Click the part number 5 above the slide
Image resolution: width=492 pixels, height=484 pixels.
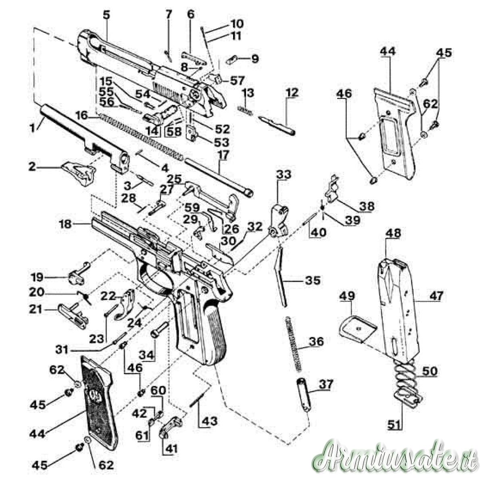[x=106, y=15]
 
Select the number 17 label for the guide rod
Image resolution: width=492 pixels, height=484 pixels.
[x=224, y=154]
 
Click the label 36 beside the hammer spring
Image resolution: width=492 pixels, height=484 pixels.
[x=316, y=342]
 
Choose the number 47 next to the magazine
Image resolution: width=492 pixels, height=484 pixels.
[x=436, y=296]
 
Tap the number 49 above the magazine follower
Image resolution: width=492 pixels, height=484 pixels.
[x=347, y=296]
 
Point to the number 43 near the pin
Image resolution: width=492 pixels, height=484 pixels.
[x=210, y=421]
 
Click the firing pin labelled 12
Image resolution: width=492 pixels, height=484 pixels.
[x=277, y=123]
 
